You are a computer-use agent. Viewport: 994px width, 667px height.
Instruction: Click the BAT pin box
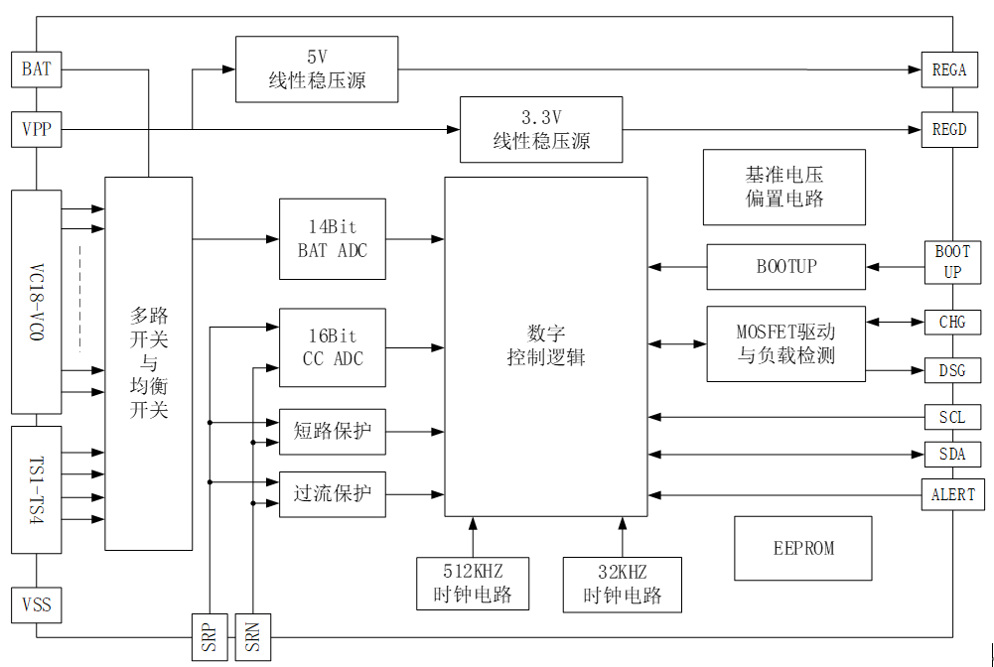36,69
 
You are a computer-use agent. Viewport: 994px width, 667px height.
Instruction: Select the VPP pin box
36,129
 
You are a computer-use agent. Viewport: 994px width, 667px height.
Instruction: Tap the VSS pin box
36,603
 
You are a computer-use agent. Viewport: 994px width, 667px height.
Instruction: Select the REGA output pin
948,69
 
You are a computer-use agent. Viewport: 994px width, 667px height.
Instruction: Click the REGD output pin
948,129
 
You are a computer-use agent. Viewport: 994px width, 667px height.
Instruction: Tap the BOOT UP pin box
952,262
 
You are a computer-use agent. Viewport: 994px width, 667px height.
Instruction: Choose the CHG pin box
952,322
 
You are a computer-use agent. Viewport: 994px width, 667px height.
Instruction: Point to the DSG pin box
952,371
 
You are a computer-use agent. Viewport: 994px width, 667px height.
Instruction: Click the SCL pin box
952,417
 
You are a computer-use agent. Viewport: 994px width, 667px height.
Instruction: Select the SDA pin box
952,455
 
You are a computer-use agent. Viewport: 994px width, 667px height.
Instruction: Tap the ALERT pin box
952,494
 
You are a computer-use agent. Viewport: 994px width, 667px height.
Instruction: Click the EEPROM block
803,548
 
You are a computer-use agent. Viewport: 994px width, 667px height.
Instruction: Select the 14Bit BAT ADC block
332,239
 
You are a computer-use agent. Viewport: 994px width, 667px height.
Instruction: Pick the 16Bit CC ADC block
332,346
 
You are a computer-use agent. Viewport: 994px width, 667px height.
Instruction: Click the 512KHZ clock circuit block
473,584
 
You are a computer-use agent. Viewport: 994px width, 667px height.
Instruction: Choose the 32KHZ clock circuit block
622,584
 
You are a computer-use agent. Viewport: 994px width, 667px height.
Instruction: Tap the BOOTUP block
785,267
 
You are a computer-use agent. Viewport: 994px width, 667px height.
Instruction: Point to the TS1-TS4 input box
36,489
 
